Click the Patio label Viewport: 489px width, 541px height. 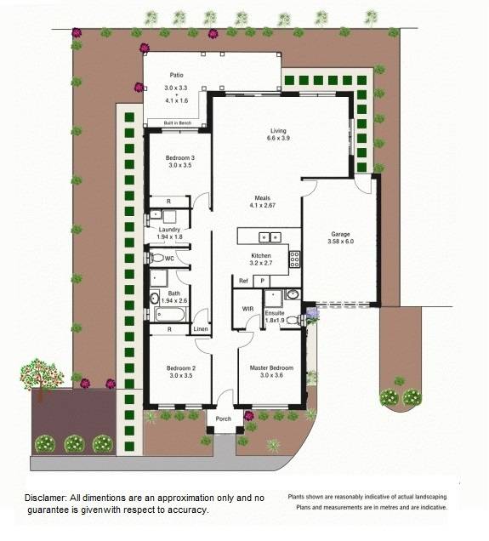coord(176,75)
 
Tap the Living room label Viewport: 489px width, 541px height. coord(277,130)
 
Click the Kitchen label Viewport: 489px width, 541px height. coord(260,255)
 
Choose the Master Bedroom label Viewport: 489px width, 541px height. coord(271,368)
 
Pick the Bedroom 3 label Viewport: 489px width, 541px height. coord(181,157)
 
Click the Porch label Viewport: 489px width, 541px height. coord(223,419)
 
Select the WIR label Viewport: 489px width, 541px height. coord(248,309)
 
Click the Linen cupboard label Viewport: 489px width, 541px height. coord(201,329)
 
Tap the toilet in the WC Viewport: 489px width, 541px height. coord(156,258)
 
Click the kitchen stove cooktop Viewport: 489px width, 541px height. coord(294,257)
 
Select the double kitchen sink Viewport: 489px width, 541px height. coord(270,237)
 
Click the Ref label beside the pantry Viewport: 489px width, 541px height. coord(243,281)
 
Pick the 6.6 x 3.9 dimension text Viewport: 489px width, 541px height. coord(277,139)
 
